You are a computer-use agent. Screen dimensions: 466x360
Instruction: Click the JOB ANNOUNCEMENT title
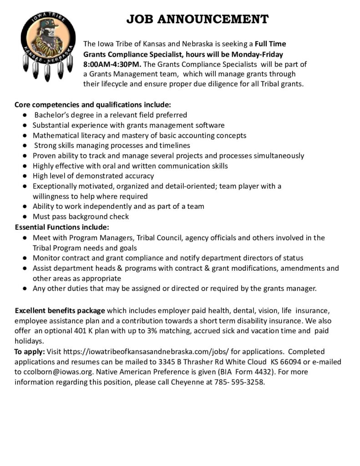[197, 19]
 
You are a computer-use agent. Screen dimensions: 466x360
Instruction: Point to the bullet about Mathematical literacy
[139, 135]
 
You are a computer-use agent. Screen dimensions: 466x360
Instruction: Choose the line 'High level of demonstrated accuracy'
[93, 176]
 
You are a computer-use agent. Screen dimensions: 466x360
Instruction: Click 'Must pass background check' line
[81, 217]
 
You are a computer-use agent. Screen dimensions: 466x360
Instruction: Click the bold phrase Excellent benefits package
[60, 311]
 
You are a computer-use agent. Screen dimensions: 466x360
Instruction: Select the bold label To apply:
[30, 352]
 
